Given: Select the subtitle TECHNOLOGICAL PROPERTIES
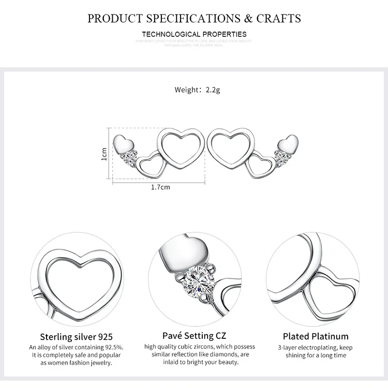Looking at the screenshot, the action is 194,34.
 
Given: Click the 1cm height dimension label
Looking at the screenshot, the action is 104,154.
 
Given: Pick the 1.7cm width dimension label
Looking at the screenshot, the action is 160,187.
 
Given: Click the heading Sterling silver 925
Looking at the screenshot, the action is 76,337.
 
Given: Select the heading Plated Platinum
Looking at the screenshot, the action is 316,337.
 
